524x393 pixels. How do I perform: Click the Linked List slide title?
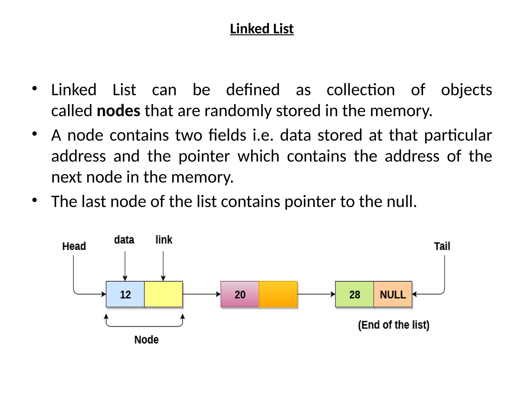(262, 29)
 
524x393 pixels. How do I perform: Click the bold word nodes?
(118, 111)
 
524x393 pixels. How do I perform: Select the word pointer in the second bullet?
(204, 156)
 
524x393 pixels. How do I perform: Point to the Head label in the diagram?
(74, 246)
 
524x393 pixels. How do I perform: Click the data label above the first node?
(124, 240)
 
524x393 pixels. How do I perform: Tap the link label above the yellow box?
(164, 240)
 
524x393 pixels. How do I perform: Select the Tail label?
(442, 246)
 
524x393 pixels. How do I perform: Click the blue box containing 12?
(125, 294)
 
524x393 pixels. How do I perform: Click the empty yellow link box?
(163, 294)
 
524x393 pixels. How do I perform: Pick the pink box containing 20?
(240, 294)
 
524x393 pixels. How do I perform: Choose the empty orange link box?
(278, 294)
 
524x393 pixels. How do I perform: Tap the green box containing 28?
(354, 294)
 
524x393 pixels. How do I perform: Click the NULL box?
(393, 294)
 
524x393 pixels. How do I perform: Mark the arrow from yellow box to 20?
(202, 294)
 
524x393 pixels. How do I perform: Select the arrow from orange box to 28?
(316, 294)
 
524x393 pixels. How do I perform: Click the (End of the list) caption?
(394, 325)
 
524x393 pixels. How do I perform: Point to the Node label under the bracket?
(146, 340)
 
